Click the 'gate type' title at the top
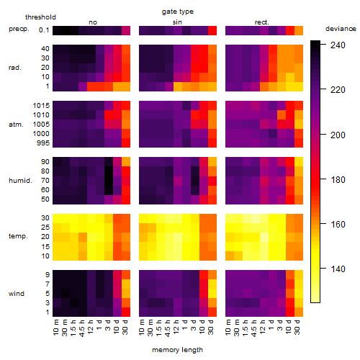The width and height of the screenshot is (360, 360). click(178, 12)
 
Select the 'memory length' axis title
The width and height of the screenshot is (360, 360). click(177, 350)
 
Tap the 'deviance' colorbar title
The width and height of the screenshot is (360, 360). click(341, 29)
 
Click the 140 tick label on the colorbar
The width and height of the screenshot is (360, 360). click(338, 269)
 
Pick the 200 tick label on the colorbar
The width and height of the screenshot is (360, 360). click(338, 135)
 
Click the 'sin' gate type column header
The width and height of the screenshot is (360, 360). click(177, 22)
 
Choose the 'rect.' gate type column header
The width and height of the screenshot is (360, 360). click(262, 22)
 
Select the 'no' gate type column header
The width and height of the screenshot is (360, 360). click(93, 22)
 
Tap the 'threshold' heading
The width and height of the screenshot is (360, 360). click(40, 17)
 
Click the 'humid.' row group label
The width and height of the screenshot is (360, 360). click(20, 181)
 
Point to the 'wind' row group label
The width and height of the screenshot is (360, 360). click(17, 294)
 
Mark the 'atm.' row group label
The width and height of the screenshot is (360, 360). click(16, 125)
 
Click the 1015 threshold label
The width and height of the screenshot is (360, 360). click(41, 106)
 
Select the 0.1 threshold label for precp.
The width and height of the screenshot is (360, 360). click(44, 30)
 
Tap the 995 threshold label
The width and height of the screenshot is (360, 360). click(43, 143)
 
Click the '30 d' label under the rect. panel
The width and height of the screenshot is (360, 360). click(297, 327)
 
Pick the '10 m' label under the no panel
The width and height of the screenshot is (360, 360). click(55, 328)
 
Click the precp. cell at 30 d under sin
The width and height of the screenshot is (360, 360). click(212, 30)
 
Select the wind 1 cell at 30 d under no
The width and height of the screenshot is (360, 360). click(126, 312)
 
